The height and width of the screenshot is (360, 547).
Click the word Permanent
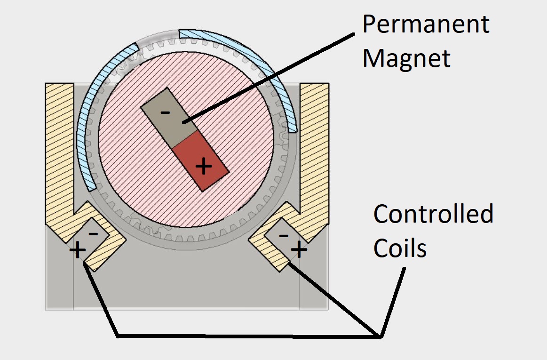click(x=426, y=24)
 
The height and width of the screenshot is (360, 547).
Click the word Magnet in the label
click(x=406, y=59)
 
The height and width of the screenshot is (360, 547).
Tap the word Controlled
click(x=433, y=214)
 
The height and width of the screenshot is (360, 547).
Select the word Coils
click(x=400, y=248)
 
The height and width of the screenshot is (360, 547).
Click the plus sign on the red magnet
click(x=203, y=166)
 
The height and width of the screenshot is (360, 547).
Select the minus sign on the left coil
click(x=93, y=233)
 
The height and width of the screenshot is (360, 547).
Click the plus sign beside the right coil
click(x=299, y=249)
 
